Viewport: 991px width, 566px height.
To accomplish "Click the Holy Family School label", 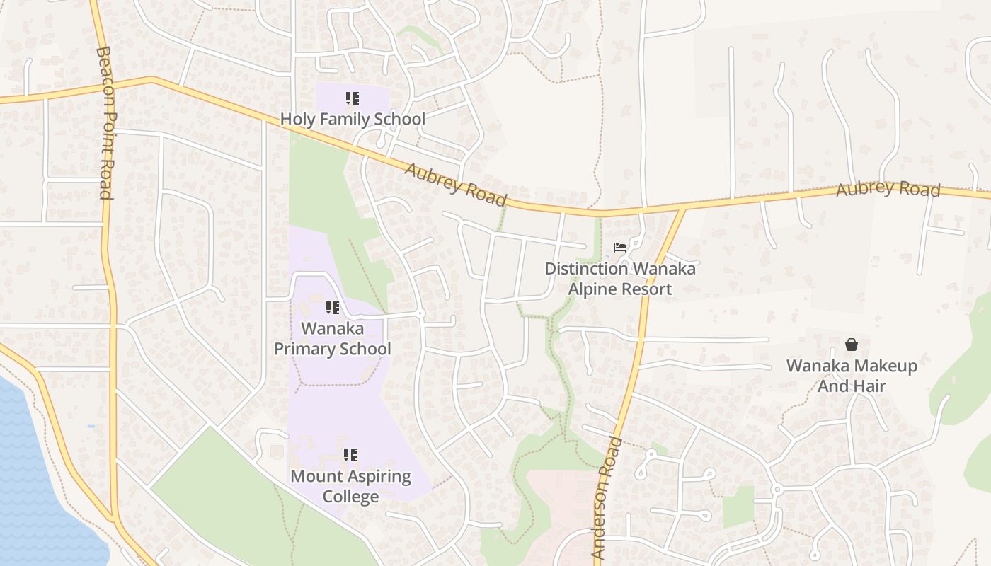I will [x=353, y=119].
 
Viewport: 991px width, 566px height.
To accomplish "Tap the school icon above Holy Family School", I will [x=353, y=98].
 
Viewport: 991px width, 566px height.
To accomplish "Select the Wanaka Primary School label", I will [x=332, y=338].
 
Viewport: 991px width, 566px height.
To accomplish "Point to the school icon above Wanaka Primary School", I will [x=332, y=308].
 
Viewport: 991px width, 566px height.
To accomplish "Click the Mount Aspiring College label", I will [x=350, y=485].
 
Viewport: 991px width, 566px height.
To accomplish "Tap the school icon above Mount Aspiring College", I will [x=350, y=455].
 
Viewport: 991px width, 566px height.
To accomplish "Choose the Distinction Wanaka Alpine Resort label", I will [x=620, y=279].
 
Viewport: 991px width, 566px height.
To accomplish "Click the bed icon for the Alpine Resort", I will [x=620, y=248].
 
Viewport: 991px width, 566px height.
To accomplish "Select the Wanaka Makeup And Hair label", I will [x=852, y=376].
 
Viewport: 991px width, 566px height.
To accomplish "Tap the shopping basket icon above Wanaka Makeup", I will [x=852, y=345].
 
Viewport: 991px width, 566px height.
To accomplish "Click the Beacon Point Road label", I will [x=105, y=123].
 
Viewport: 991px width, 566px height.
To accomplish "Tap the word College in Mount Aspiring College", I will [x=350, y=496].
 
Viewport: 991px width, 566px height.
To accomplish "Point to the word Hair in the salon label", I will [x=870, y=386].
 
